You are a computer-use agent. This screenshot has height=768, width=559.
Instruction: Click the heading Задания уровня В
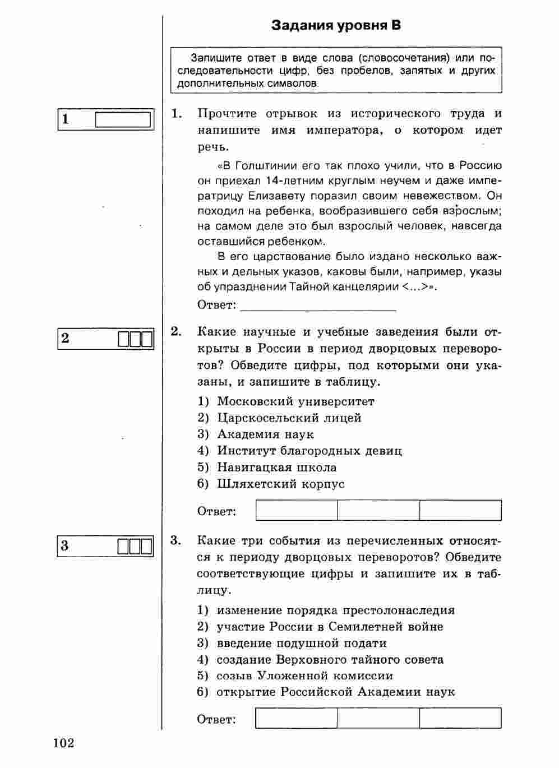pos(336,26)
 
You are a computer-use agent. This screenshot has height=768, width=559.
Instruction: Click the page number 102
pos(64,743)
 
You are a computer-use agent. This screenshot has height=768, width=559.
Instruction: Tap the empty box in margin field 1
pos(123,120)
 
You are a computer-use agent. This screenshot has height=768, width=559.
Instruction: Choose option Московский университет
pos(295,401)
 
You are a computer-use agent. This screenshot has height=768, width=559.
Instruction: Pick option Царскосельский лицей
pos(289,418)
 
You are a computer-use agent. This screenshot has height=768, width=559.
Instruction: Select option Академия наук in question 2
pos(265,434)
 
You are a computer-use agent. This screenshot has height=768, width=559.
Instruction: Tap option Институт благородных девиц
pos(309,451)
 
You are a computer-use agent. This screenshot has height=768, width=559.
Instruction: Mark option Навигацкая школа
pos(276,468)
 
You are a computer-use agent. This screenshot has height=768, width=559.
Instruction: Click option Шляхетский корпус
pos(280,484)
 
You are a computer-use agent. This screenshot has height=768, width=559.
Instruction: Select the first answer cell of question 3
pos(296,718)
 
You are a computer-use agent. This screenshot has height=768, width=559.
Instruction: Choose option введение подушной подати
pos(302,643)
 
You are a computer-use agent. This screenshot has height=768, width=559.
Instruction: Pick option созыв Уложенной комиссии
pos(304,676)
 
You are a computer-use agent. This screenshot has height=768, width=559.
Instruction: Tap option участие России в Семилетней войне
pos(330,627)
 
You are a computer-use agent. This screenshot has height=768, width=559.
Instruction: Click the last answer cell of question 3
pos(460,718)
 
